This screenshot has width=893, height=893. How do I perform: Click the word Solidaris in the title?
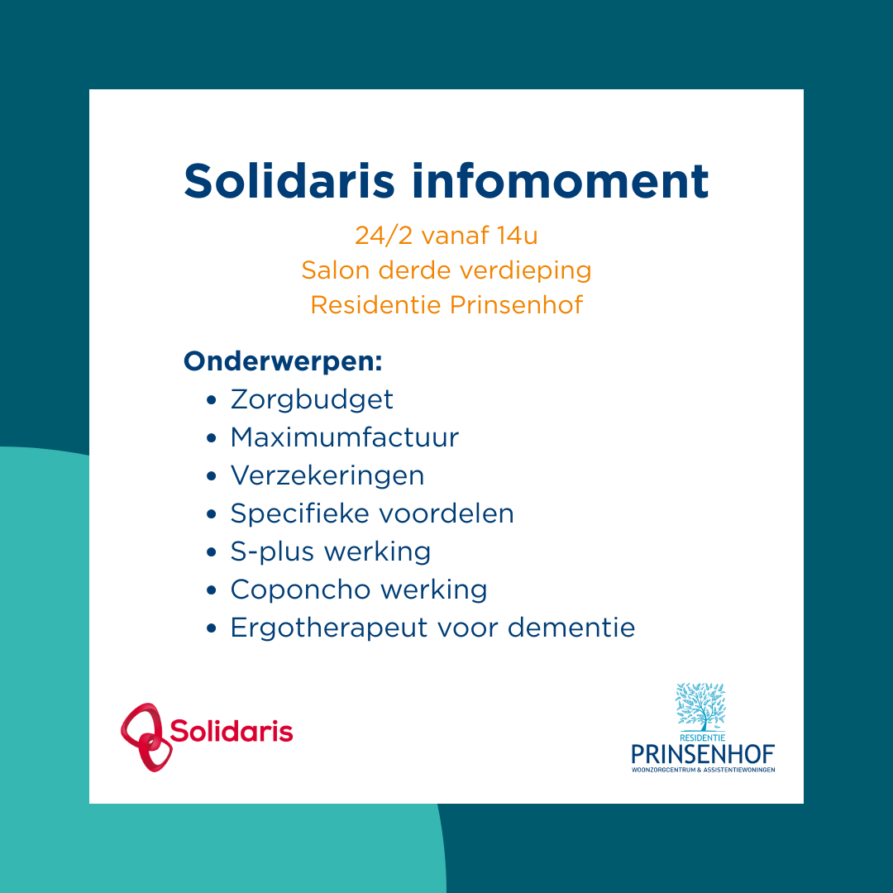[289, 180]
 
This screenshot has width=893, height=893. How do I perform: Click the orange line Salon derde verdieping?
[446, 270]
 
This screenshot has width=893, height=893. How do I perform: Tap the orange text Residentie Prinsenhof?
[446, 305]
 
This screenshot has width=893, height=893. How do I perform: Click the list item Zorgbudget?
[312, 399]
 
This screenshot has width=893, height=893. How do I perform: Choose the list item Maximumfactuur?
[344, 437]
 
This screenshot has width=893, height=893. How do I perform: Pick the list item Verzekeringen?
[327, 475]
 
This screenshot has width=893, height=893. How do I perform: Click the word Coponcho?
[289, 590]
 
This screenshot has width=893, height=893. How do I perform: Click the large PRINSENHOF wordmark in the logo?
[703, 754]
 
